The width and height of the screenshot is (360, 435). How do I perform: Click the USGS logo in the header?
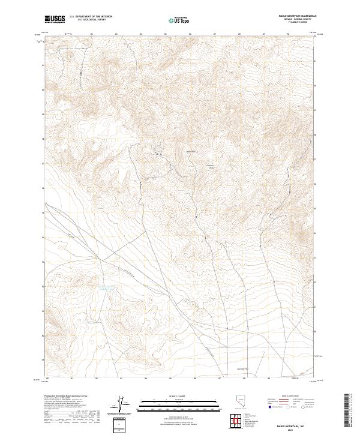[55, 20]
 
